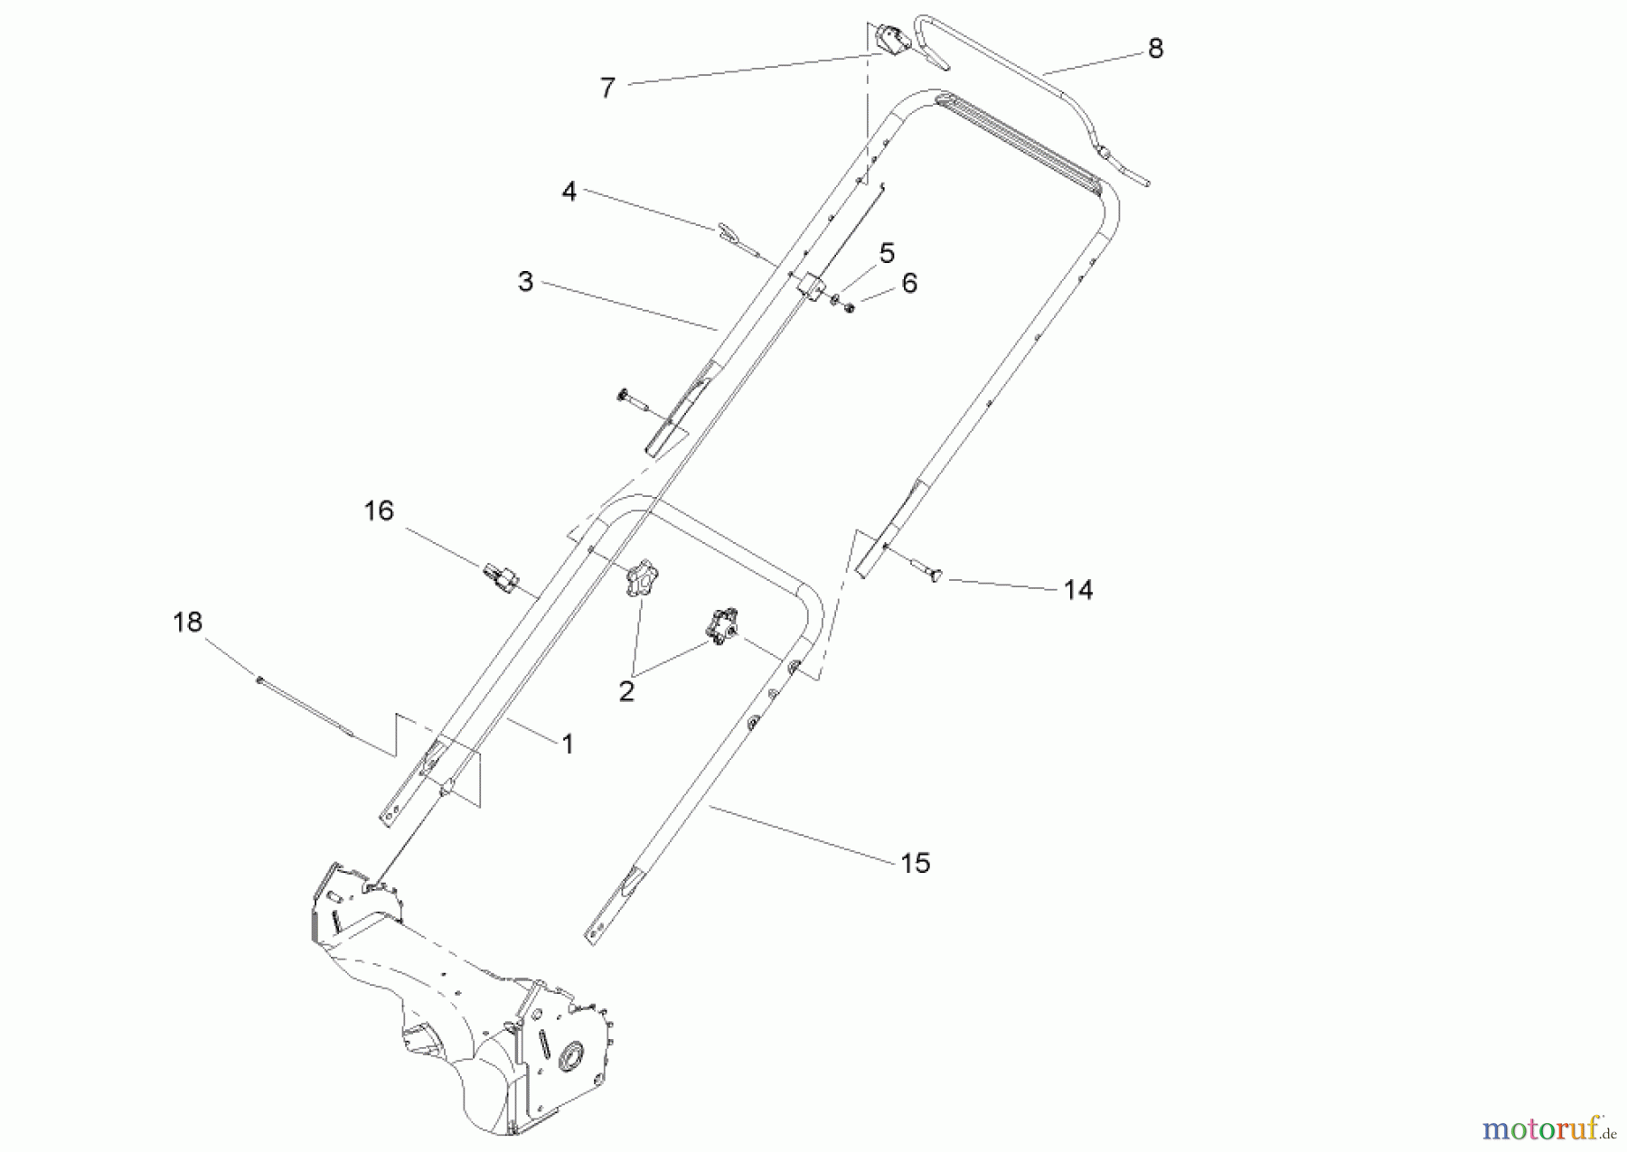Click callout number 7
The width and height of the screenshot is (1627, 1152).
[607, 88]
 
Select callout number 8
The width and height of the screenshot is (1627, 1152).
[1155, 49]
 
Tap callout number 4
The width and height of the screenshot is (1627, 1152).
[569, 192]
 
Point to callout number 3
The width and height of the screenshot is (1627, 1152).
[525, 281]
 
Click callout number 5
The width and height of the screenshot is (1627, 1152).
[887, 254]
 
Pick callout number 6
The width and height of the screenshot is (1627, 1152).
[909, 284]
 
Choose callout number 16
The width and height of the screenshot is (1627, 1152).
[379, 511]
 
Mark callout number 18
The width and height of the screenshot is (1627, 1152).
[188, 623]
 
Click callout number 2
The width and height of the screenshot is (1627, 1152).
[626, 692]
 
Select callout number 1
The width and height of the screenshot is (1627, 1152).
[568, 745]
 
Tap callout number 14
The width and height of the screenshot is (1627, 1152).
[1078, 590]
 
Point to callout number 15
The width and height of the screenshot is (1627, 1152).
[916, 864]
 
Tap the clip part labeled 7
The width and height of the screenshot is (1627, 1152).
[889, 40]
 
